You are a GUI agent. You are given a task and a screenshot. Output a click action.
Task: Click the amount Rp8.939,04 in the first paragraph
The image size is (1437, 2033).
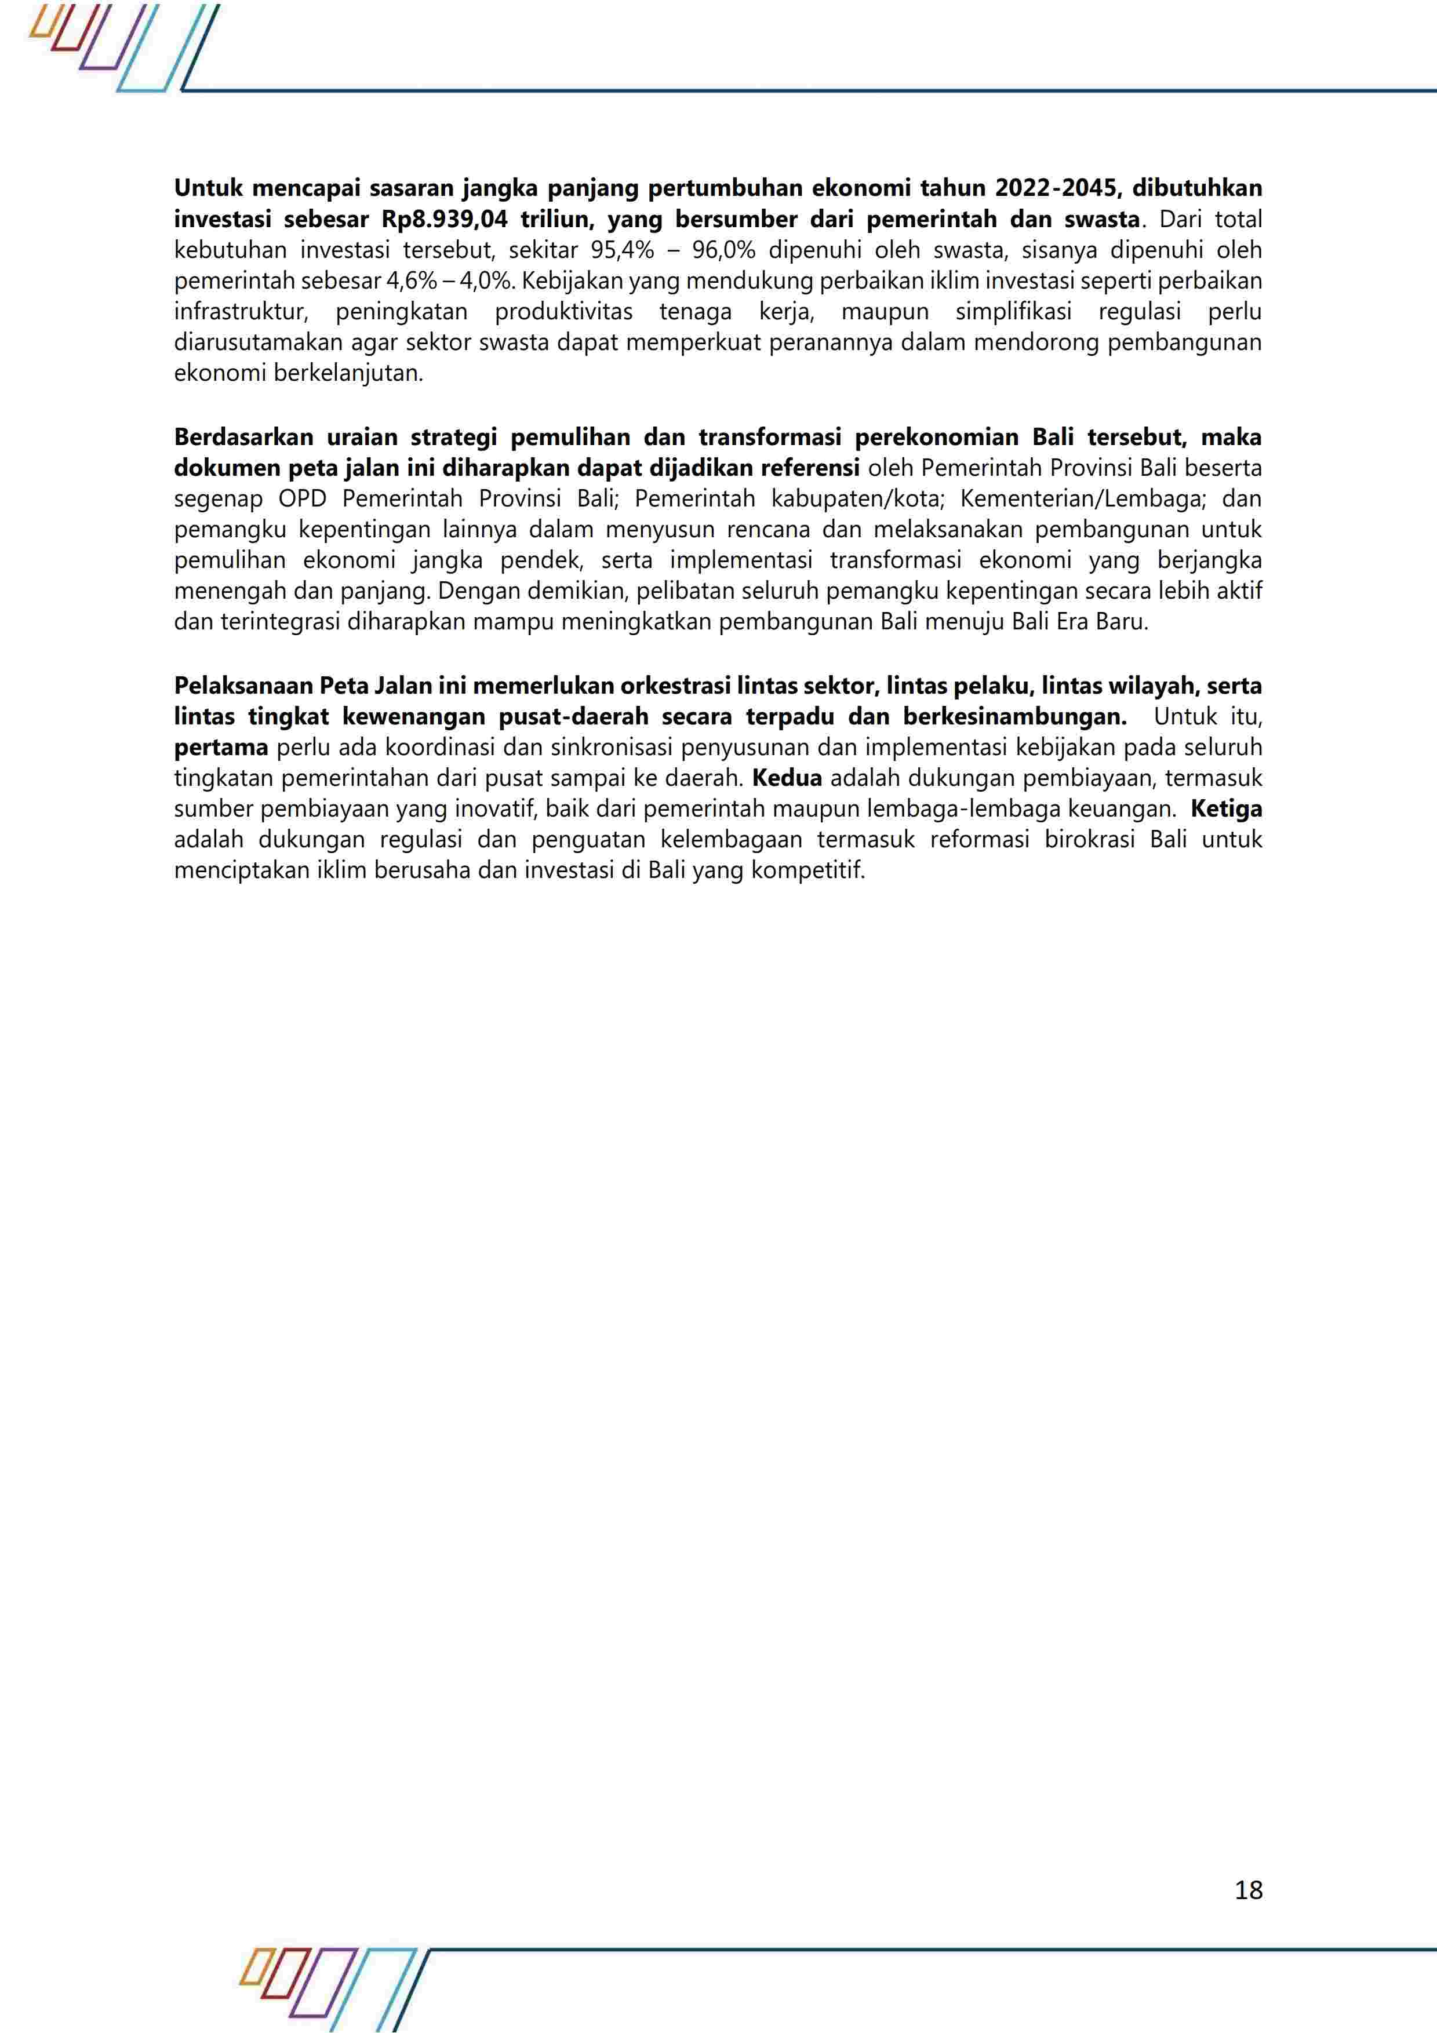point(445,218)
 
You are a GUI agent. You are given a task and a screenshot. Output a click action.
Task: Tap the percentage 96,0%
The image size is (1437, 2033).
point(723,250)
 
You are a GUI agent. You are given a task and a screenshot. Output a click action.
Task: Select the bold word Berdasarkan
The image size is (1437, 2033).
point(243,438)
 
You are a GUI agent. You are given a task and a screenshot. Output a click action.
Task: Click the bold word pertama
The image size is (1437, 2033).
point(220,748)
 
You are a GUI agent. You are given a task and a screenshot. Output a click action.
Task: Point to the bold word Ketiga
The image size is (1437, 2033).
point(1226,808)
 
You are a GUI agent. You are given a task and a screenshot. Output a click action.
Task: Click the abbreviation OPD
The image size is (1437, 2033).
point(303,498)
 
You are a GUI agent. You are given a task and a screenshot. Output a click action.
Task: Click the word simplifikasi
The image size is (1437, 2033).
point(1014,312)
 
